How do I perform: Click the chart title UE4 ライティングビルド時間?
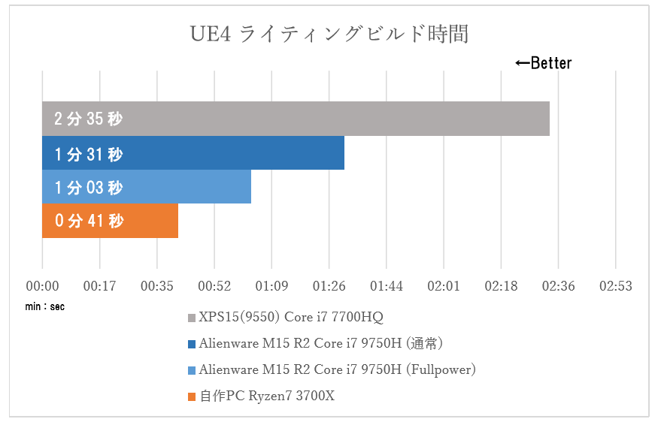pos(329,35)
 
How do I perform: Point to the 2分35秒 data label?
pos(88,119)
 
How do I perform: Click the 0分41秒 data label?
pos(88,222)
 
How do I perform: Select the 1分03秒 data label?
pos(88,188)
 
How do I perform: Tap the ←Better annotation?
pos(543,63)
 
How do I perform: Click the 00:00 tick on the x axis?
pos(42,286)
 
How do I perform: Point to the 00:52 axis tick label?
pos(214,286)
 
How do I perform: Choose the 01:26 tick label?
pos(329,286)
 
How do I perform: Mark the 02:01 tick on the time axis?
pos(444,286)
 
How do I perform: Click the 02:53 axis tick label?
pos(615,286)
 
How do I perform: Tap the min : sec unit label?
pos(44,306)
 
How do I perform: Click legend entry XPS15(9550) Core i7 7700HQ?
pos(290,318)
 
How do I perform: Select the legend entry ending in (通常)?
pos(320,344)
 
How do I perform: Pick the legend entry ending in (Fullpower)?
pos(337,369)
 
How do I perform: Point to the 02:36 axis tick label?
pos(558,286)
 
